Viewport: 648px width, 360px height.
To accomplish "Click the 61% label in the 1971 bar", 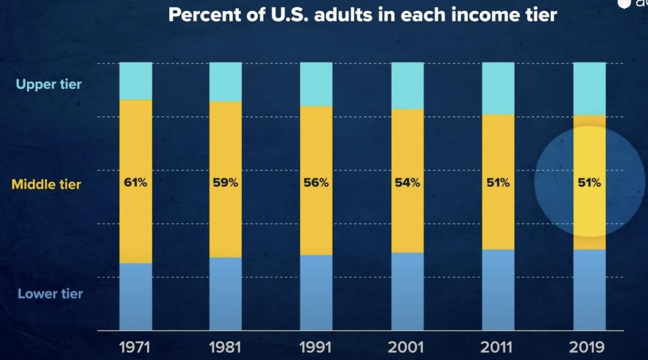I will [136, 183].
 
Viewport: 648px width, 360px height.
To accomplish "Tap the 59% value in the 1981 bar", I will [226, 183].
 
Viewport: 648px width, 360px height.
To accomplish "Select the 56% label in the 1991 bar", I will [316, 183].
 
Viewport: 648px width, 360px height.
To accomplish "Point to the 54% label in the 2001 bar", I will [407, 183].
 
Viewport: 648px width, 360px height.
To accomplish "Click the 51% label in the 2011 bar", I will [498, 183].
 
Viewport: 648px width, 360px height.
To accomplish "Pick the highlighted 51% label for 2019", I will [589, 183].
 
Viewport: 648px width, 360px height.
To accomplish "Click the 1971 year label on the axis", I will [136, 347].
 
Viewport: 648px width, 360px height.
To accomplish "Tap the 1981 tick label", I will [226, 347].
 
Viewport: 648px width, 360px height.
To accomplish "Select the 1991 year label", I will [316, 347].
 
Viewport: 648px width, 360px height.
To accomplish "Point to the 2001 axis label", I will [407, 347].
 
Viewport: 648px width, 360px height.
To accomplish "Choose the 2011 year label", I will [498, 347].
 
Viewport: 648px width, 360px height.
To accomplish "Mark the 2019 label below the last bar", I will [589, 347].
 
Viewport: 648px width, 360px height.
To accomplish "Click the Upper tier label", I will [49, 84].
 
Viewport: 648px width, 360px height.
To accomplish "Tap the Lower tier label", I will [50, 294].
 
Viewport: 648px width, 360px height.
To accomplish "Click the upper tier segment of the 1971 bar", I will [136, 80].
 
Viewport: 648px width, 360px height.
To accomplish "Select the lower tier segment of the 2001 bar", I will [407, 291].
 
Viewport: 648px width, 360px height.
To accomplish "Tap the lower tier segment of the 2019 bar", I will [589, 290].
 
